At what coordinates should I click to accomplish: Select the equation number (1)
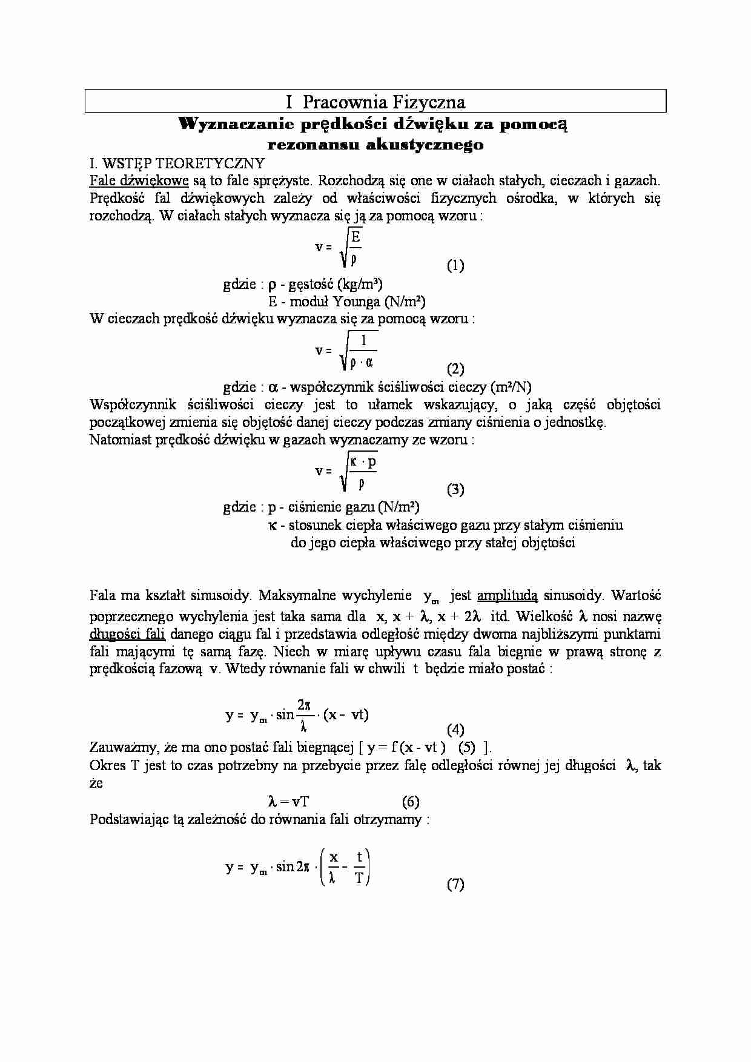(x=455, y=265)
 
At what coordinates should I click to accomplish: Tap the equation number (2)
(x=455, y=368)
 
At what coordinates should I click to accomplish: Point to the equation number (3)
(x=455, y=489)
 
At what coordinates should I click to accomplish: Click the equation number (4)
(x=455, y=729)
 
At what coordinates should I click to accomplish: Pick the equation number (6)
(x=411, y=802)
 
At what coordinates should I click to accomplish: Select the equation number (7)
(x=455, y=884)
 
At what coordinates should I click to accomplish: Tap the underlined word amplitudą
(x=508, y=596)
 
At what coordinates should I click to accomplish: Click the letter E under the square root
(x=356, y=237)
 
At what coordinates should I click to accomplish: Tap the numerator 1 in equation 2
(x=363, y=340)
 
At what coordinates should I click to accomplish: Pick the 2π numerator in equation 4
(x=304, y=704)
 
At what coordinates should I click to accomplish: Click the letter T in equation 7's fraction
(x=359, y=877)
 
